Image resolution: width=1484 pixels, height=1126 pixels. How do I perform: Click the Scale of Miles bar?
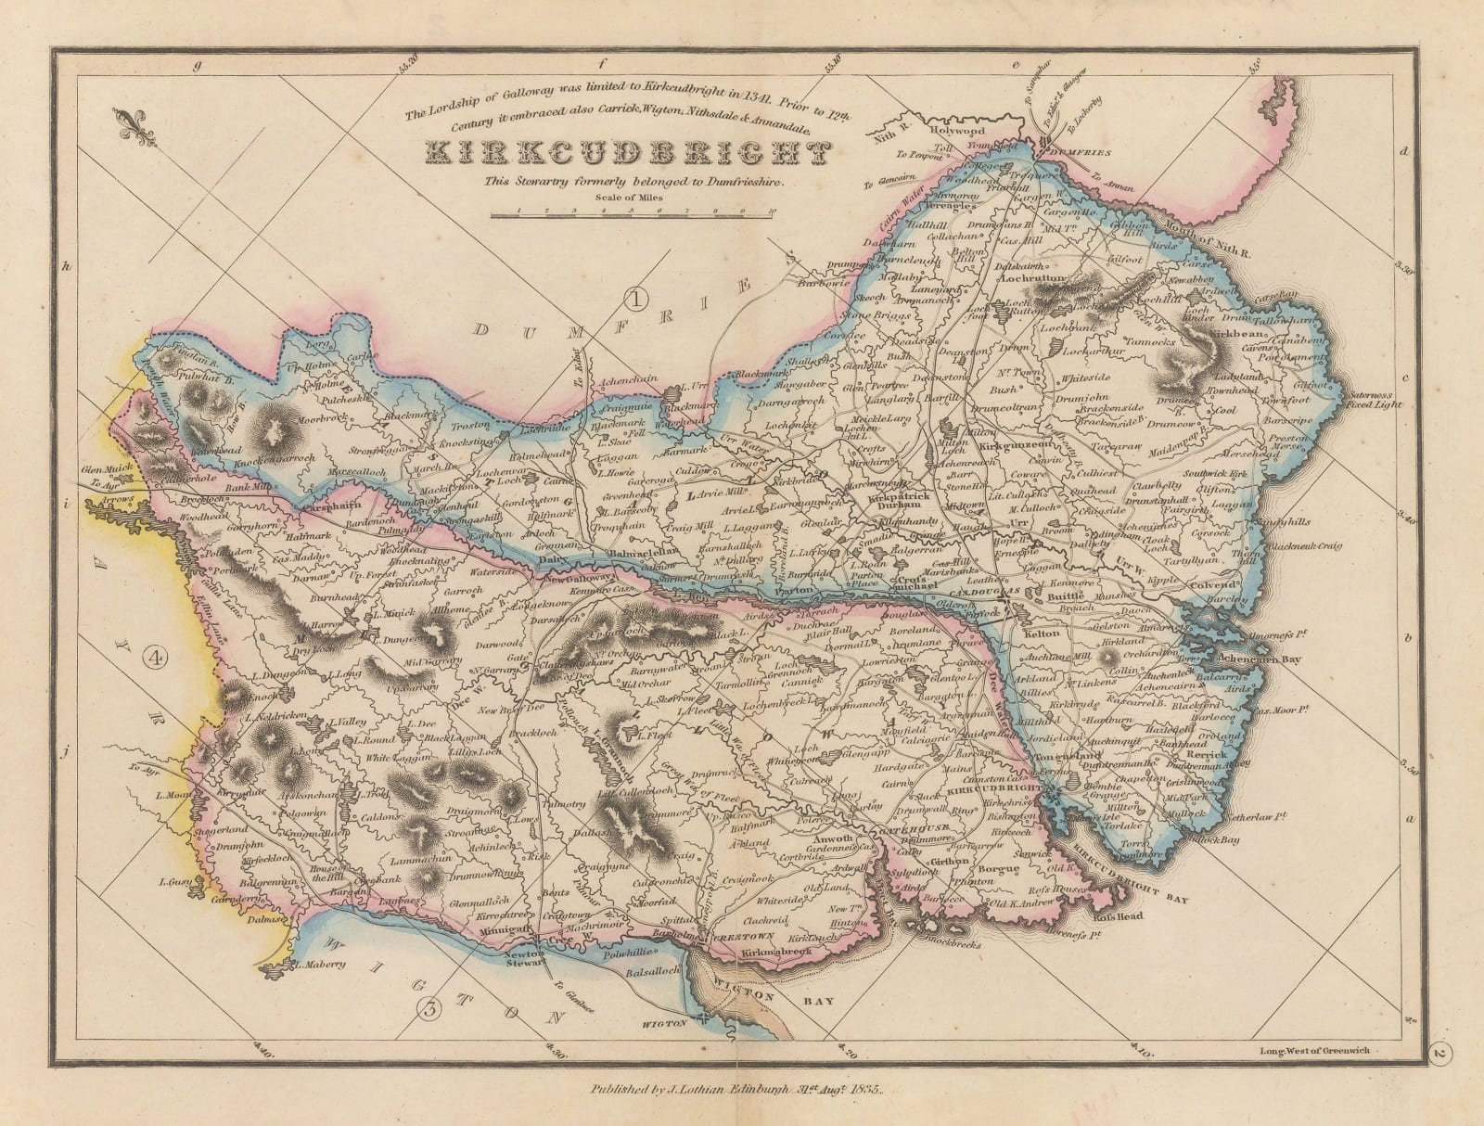tap(635, 214)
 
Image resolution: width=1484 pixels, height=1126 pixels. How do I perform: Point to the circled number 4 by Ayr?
tap(156, 657)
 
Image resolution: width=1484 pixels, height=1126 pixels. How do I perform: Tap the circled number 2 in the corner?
tap(1439, 1052)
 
